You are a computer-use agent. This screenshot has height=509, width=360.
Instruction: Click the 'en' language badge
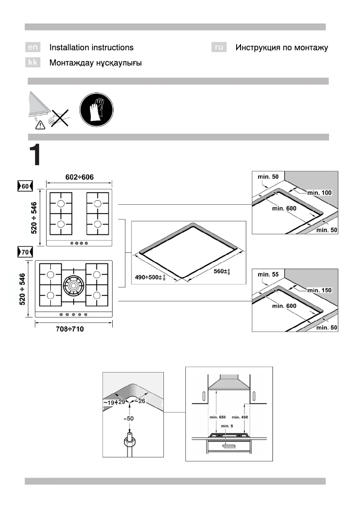pos(32,47)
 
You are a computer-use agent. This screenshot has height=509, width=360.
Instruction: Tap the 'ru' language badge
pos(219,47)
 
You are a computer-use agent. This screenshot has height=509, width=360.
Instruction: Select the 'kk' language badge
pos(32,63)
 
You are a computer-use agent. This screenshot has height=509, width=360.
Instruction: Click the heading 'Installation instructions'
pos(91,47)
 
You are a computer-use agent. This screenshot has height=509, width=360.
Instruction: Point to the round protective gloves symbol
pos(97,110)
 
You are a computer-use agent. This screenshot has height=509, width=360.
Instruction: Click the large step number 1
pos(35,155)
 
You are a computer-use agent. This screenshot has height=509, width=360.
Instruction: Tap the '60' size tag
pos(23,186)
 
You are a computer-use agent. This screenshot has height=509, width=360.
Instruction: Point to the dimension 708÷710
pos(69,329)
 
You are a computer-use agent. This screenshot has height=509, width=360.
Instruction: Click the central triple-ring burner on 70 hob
pos(73,284)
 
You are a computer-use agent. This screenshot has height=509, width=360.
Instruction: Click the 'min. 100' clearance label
pos(320,193)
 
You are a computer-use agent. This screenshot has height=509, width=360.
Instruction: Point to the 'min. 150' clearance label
pos(320,290)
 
